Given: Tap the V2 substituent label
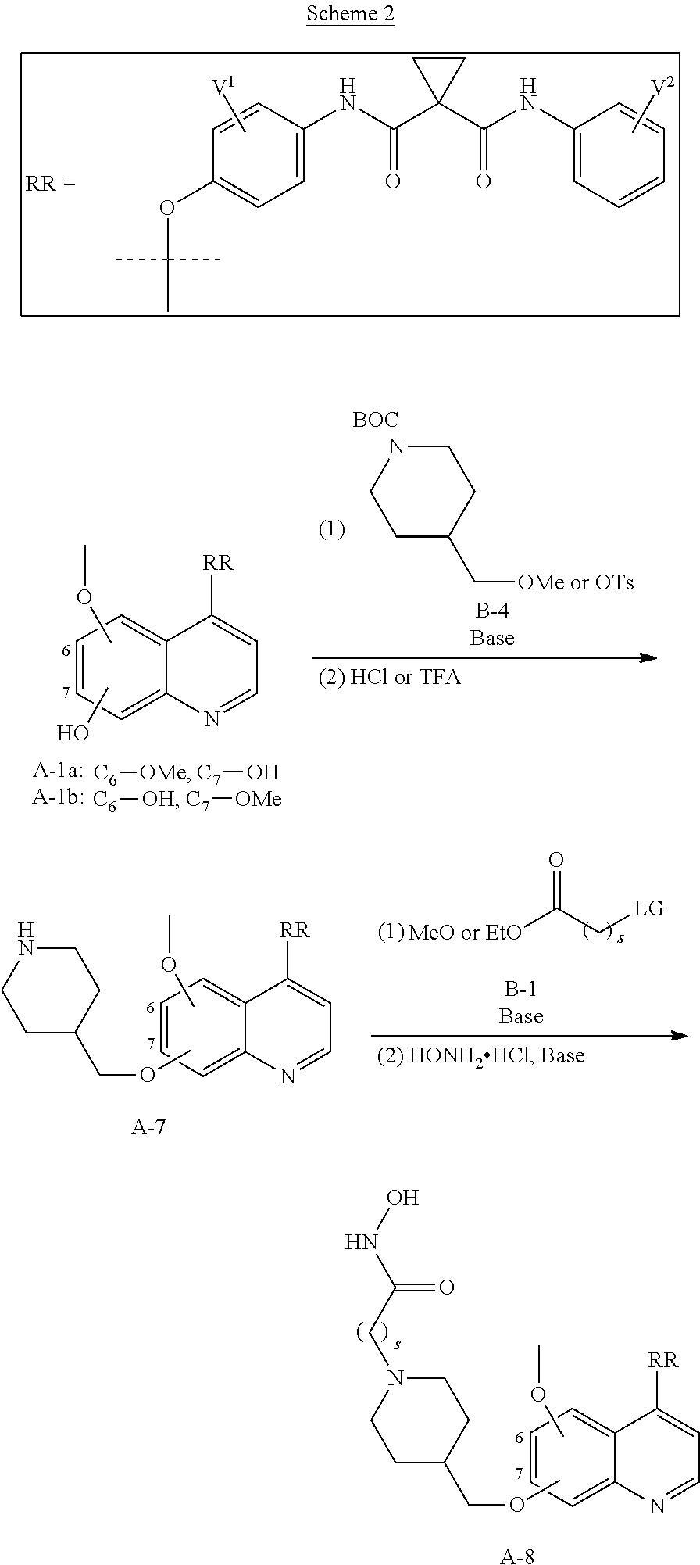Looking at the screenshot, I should pos(662,87).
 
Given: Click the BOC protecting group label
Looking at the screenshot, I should pos(376,421).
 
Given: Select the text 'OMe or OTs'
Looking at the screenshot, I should pos(576,582).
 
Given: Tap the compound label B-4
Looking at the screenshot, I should pos(491,611).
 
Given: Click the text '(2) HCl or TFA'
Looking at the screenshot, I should pos(389,677).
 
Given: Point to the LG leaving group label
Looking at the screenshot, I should pos(648,908).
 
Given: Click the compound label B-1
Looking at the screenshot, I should pos(520,989).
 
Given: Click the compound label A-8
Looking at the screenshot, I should pos(517,1556).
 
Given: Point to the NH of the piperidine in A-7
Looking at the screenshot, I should pos(26,938).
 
